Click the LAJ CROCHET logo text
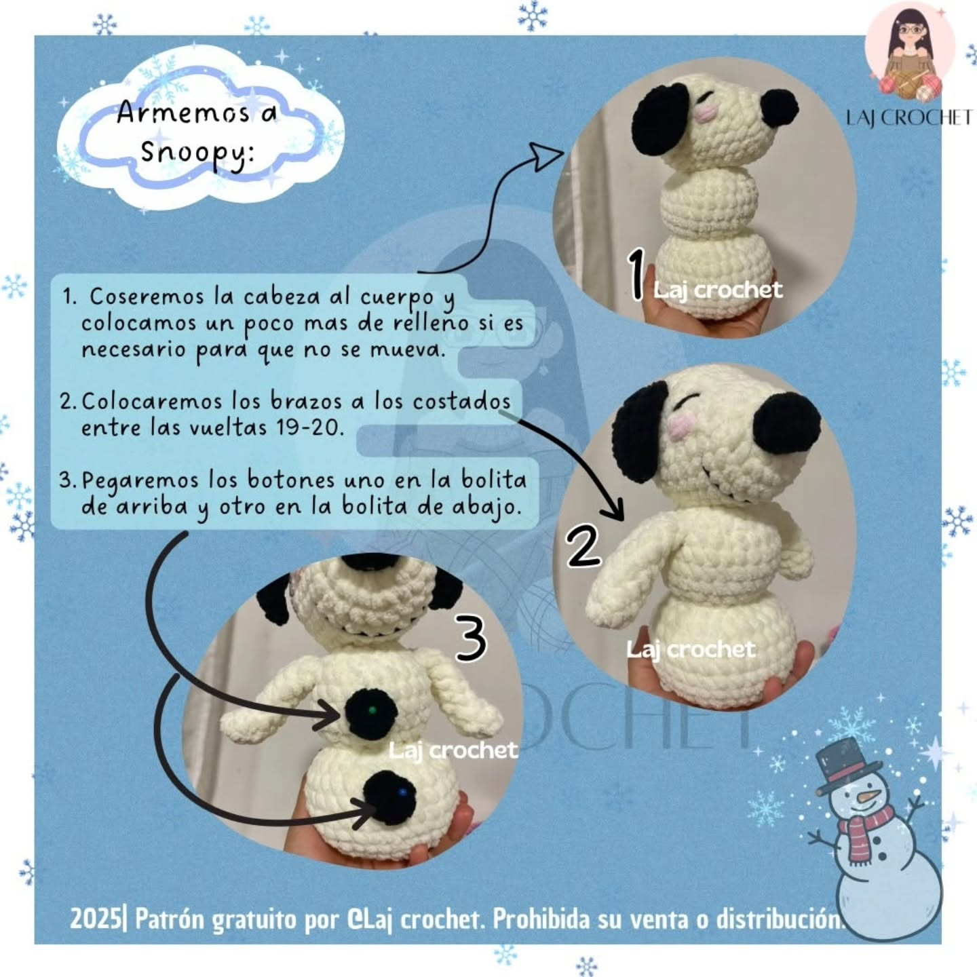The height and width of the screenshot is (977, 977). click(908, 118)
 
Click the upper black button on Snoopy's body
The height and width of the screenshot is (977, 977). click(370, 710)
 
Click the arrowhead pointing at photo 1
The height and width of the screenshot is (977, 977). click(547, 155)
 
